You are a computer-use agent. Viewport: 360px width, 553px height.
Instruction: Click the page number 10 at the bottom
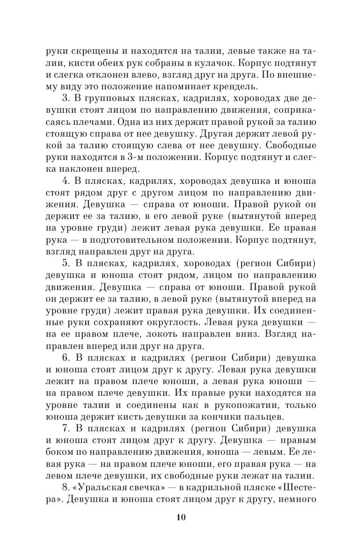[181, 530]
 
